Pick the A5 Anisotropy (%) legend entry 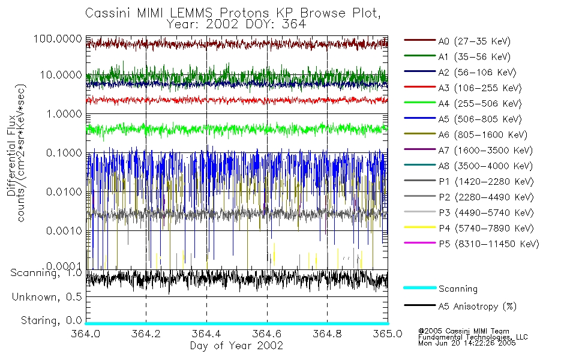point(477,307)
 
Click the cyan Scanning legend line point(419,289)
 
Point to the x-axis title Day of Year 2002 point(237,346)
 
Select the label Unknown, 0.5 point(47,297)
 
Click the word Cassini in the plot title point(105,13)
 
